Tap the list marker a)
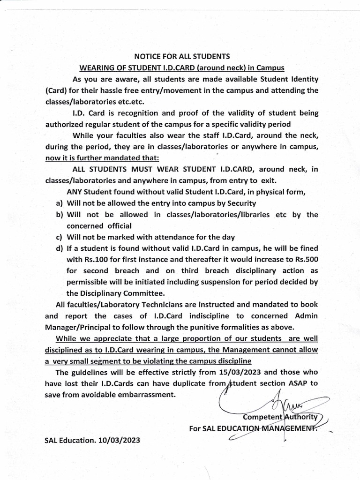(x=59, y=203)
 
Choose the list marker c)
(x=59, y=237)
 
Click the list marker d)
(x=59, y=248)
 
